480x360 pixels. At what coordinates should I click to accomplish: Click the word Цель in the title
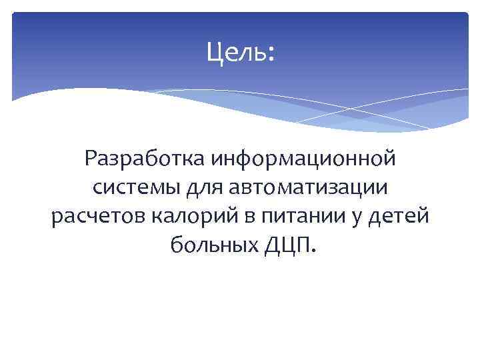pos(235,51)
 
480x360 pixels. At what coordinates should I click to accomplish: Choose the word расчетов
pos(92,217)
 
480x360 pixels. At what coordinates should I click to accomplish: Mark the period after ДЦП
pos(315,252)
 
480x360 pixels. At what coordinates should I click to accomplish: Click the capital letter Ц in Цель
pos(214,51)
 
